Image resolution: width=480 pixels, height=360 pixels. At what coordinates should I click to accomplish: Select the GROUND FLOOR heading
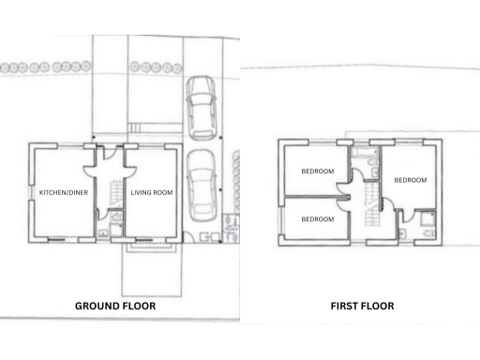115,306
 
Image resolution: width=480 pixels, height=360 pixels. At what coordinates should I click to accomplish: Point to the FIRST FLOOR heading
362,306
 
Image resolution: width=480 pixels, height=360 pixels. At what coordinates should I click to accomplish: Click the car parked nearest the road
201,106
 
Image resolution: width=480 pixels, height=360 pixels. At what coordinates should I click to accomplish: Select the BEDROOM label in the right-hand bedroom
410,179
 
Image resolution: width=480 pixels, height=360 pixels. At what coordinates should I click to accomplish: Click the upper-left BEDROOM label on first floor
317,172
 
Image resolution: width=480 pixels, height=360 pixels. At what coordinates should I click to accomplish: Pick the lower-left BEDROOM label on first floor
317,218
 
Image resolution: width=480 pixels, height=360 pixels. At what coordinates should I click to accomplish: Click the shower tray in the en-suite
428,222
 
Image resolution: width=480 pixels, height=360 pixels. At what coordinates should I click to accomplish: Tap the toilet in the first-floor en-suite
404,231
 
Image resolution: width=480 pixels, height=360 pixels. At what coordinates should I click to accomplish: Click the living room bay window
150,246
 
